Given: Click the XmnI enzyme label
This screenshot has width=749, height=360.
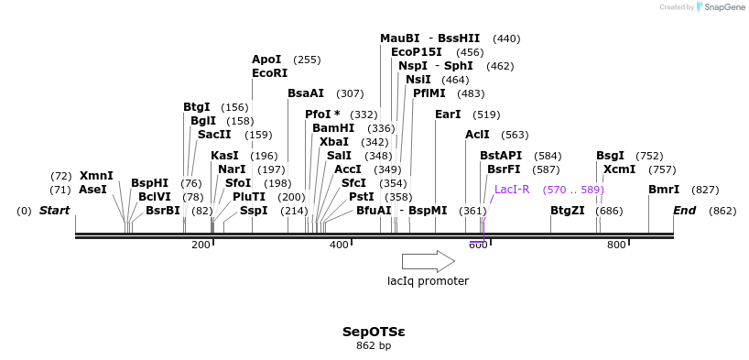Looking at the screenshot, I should point(96,175).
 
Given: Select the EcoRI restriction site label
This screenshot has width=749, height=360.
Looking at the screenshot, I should point(269,73).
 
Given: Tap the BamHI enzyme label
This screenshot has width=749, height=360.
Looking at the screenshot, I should point(332,128).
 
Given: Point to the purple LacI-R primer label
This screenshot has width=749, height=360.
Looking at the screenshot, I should point(512,190).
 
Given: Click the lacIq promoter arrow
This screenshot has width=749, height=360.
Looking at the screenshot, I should point(428,261).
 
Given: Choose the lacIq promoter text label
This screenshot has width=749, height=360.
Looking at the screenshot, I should point(428,281).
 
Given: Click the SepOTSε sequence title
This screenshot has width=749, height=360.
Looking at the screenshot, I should point(373,332).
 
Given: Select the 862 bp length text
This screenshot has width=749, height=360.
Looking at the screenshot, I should point(373,346).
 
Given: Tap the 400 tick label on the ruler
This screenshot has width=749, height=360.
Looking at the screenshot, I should point(339,245).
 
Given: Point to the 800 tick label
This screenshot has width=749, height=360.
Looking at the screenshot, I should point(616,245).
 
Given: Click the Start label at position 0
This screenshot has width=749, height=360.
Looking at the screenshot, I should point(54,211).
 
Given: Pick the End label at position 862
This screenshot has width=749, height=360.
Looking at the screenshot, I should point(684,211).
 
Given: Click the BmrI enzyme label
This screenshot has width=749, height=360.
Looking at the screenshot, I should point(664,190).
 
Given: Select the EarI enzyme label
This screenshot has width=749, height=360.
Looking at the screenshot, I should point(448,115).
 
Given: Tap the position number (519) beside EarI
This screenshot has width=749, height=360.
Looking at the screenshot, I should point(486,115).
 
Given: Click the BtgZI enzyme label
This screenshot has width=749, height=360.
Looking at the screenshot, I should point(567,211).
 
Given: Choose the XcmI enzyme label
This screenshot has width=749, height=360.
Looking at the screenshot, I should point(619,169).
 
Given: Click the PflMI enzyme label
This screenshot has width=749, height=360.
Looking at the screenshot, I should point(430,93).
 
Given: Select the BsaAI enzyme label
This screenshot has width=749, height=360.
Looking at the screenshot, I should point(306,93).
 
